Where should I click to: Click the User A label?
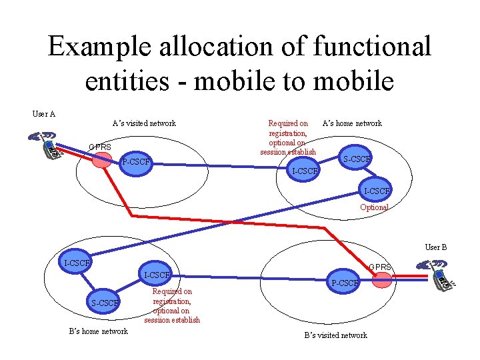(x=44, y=113)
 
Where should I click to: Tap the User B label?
(x=436, y=247)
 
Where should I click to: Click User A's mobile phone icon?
(x=47, y=145)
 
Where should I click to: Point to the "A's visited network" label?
(x=144, y=123)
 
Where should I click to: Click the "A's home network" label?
(x=352, y=123)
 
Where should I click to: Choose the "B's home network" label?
(x=99, y=331)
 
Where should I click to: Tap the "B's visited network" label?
(x=335, y=335)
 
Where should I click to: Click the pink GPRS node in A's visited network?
(x=102, y=160)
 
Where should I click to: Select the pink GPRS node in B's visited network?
(x=381, y=279)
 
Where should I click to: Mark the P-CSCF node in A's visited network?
(x=135, y=162)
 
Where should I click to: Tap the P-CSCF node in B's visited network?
(x=344, y=283)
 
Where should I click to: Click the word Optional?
(x=374, y=207)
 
